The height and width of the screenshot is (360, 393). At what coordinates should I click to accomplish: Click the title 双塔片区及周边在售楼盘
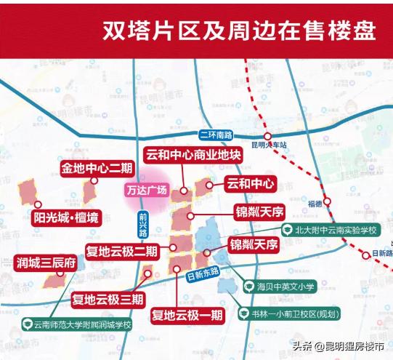click(x=239, y=31)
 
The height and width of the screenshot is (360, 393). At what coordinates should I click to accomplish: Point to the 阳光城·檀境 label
click(x=67, y=216)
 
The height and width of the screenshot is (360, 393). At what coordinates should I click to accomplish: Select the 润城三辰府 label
click(x=46, y=263)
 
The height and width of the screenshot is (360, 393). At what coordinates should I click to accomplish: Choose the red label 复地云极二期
click(x=122, y=252)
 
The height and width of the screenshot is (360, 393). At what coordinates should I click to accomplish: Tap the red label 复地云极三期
click(x=108, y=298)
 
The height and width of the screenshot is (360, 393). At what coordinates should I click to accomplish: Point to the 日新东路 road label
click(x=203, y=275)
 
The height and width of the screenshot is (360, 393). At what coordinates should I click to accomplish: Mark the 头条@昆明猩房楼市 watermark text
click(x=336, y=346)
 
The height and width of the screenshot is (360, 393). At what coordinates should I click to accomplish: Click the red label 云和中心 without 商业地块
click(x=251, y=183)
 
